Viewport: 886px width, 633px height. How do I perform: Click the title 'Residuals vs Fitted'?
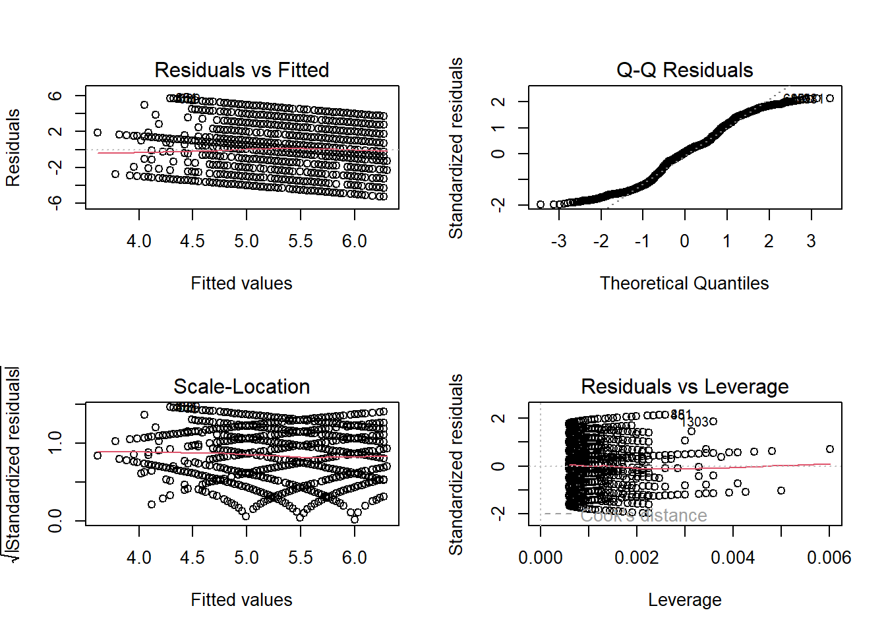click(x=241, y=70)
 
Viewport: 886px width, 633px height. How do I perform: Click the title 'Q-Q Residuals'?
click(x=684, y=70)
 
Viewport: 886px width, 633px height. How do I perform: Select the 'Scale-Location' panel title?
click(x=241, y=386)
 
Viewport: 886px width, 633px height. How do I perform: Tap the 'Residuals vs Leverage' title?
click(x=684, y=386)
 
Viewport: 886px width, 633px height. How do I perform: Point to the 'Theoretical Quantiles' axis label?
click(x=684, y=284)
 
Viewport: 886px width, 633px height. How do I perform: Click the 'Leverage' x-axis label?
click(x=684, y=600)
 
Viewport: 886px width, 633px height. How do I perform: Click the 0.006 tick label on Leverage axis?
click(x=829, y=558)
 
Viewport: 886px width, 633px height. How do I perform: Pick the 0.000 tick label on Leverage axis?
click(x=541, y=558)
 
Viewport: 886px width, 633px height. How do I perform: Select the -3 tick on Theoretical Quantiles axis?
click(x=558, y=241)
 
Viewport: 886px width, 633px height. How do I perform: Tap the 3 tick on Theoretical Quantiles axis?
click(x=811, y=241)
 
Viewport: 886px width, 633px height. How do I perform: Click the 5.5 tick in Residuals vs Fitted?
click(x=301, y=241)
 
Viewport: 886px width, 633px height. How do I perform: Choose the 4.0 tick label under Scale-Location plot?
click(x=139, y=558)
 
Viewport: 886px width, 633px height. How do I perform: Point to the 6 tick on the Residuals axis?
click(x=55, y=96)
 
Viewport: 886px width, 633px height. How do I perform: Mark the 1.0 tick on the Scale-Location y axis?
click(x=55, y=442)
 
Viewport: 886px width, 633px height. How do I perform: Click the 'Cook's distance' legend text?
click(x=643, y=516)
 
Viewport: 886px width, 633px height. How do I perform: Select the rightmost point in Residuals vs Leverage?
click(x=829, y=449)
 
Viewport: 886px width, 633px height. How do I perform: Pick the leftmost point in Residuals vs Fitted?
click(x=98, y=133)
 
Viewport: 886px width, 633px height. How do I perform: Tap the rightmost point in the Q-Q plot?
click(x=829, y=98)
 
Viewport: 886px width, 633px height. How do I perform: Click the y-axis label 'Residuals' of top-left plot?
click(x=13, y=148)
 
